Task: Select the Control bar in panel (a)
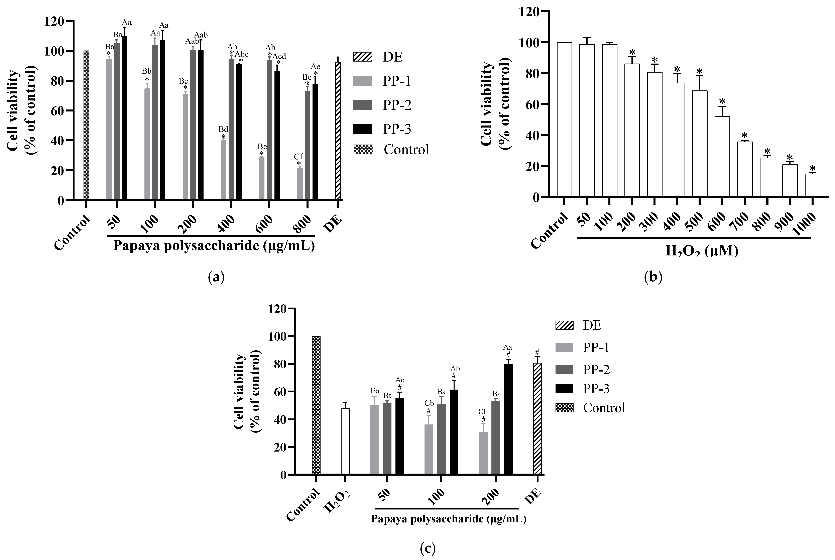click(x=86, y=125)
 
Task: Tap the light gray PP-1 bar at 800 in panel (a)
click(x=300, y=184)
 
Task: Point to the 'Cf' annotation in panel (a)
click(x=298, y=156)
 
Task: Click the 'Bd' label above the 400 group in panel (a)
click(x=223, y=129)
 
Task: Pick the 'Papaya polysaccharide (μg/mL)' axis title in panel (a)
click(x=214, y=246)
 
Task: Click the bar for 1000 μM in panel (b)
click(x=812, y=185)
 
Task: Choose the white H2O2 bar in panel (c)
click(x=345, y=442)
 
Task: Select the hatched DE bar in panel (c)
click(x=537, y=419)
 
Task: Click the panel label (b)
click(x=653, y=277)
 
